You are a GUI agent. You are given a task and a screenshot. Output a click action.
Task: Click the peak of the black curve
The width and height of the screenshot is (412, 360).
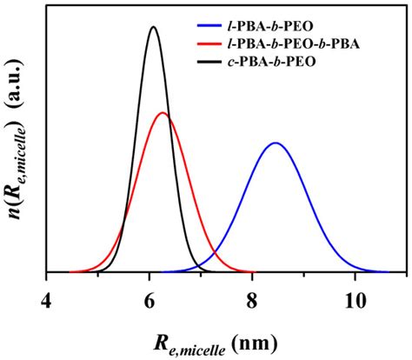coord(153,27)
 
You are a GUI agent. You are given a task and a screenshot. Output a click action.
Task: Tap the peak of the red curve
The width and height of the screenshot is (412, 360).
coord(163,113)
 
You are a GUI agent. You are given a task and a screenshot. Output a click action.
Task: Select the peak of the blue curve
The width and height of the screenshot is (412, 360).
coord(276,143)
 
